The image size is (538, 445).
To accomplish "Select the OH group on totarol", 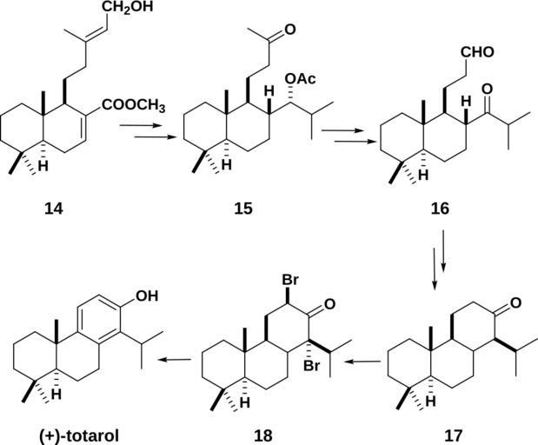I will (148, 296).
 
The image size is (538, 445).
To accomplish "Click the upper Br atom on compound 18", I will (290, 282).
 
